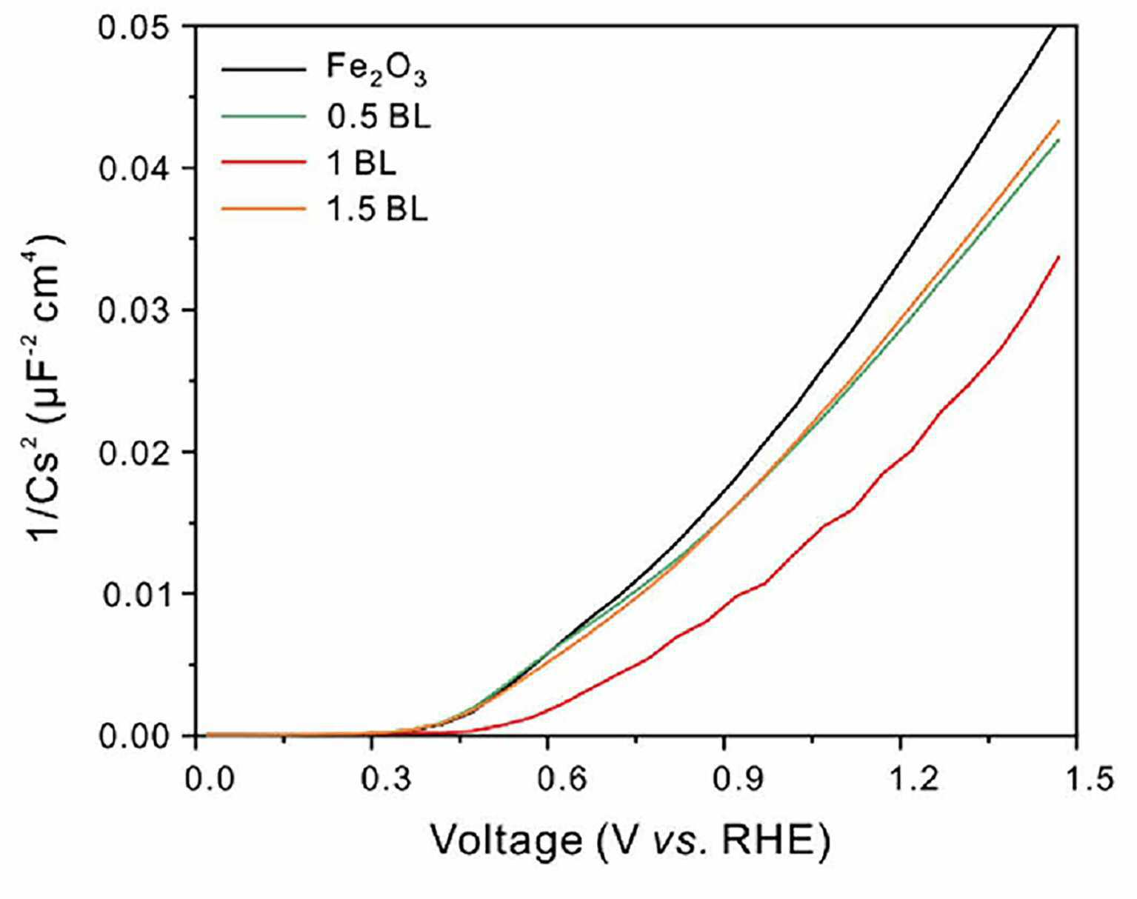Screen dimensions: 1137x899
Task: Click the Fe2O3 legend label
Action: (x=376, y=70)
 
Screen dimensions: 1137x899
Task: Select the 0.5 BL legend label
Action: (x=379, y=117)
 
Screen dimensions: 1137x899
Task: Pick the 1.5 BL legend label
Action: (x=377, y=210)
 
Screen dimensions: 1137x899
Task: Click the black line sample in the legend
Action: (x=264, y=69)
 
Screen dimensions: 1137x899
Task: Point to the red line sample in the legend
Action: (x=264, y=162)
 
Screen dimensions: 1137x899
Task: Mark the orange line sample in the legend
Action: (x=264, y=209)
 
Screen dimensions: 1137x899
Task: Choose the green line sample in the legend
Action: (x=264, y=116)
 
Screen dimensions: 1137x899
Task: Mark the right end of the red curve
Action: (x=1058, y=257)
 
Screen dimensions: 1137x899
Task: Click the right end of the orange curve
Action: (x=1058, y=121)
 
